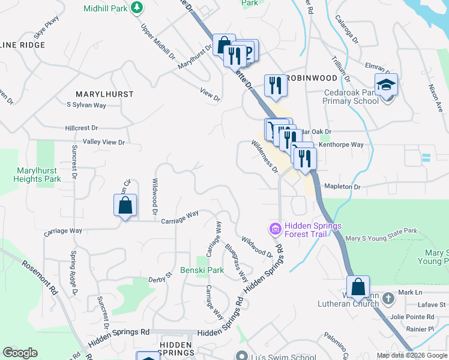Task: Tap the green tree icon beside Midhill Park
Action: click(x=138, y=7)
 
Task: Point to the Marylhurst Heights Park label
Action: click(x=38, y=175)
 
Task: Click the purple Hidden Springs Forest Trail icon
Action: click(x=276, y=229)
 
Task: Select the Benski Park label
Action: click(x=202, y=270)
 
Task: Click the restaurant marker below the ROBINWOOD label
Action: click(x=276, y=86)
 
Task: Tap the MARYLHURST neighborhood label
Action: click(x=104, y=94)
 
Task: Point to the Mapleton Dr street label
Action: click(x=342, y=187)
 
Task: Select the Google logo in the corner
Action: click(x=20, y=353)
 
